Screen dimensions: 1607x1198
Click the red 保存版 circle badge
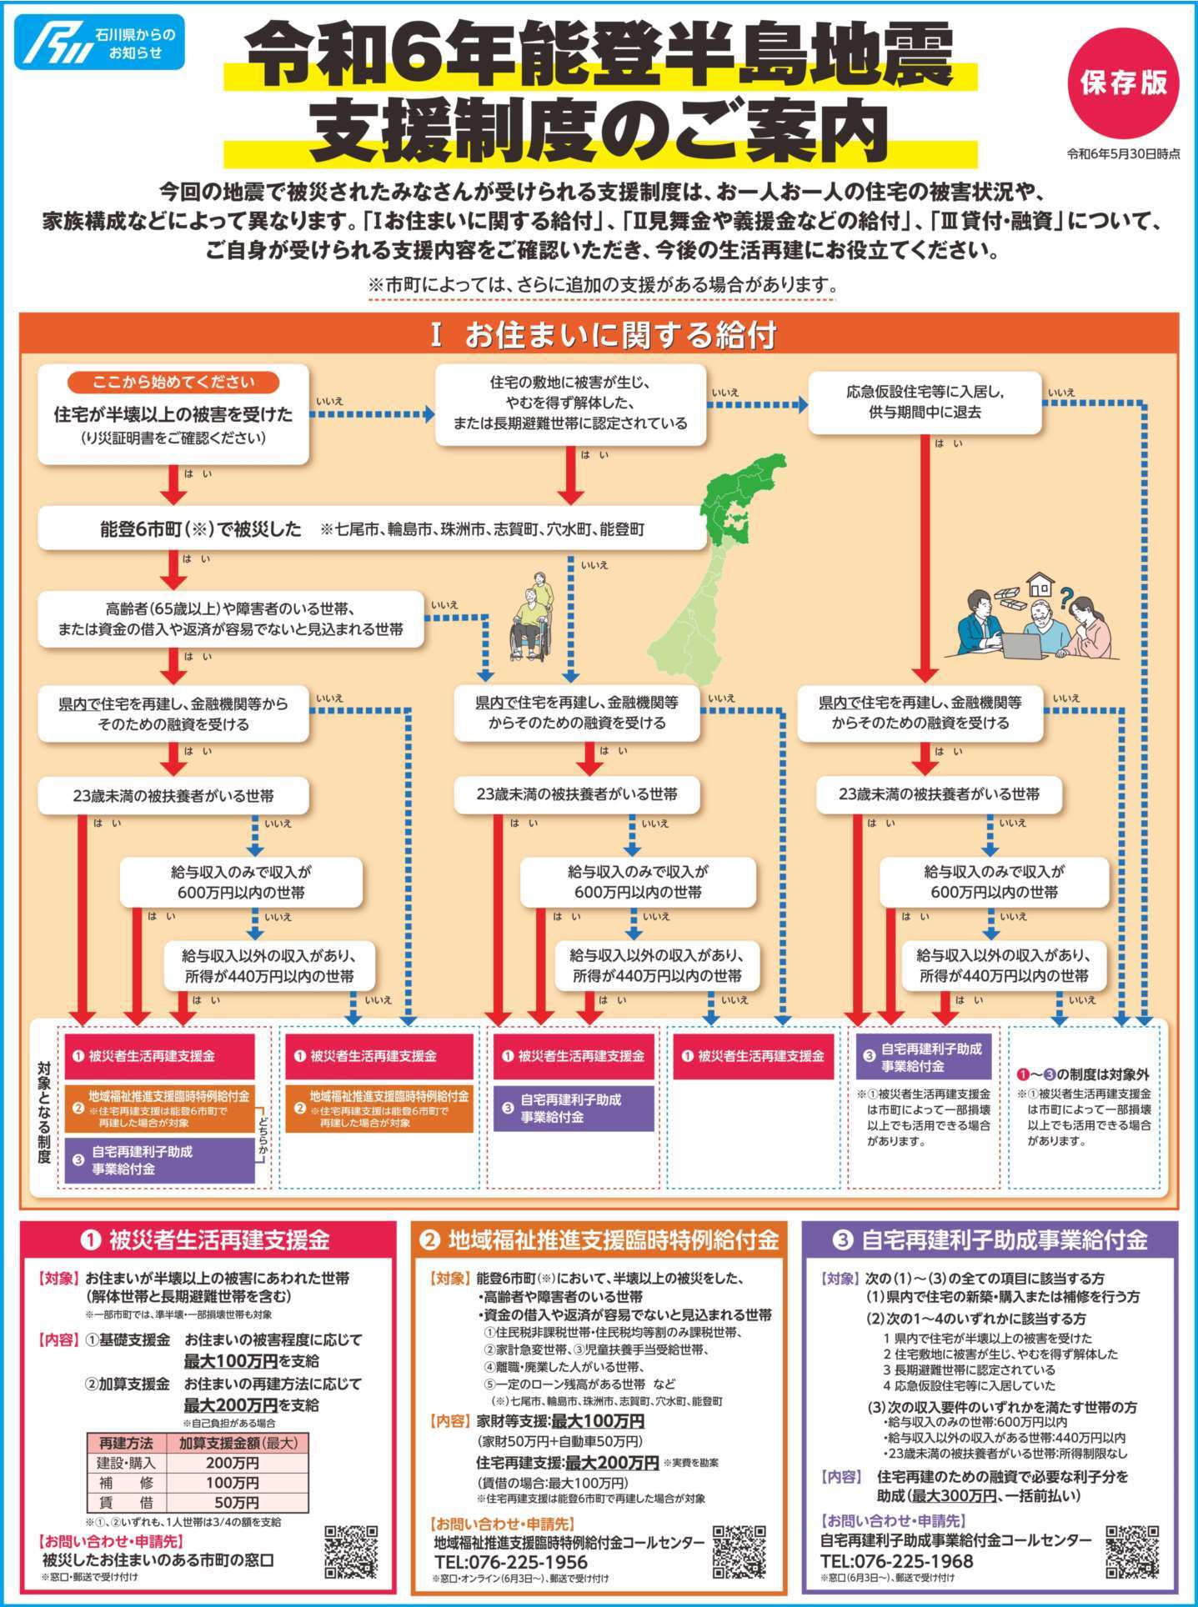(x=1123, y=83)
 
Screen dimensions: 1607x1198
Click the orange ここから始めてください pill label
(x=173, y=383)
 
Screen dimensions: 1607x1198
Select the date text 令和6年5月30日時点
(x=1123, y=154)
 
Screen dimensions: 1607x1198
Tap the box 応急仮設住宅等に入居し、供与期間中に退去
(x=925, y=402)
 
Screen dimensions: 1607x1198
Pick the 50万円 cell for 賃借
(x=236, y=1503)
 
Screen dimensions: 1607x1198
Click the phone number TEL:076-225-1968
(x=896, y=1560)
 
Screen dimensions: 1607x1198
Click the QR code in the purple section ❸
(x=1131, y=1552)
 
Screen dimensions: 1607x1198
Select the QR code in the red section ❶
(x=351, y=1552)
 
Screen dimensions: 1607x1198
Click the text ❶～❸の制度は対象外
(x=1083, y=1074)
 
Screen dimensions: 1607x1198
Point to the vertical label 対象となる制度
(x=44, y=1112)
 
